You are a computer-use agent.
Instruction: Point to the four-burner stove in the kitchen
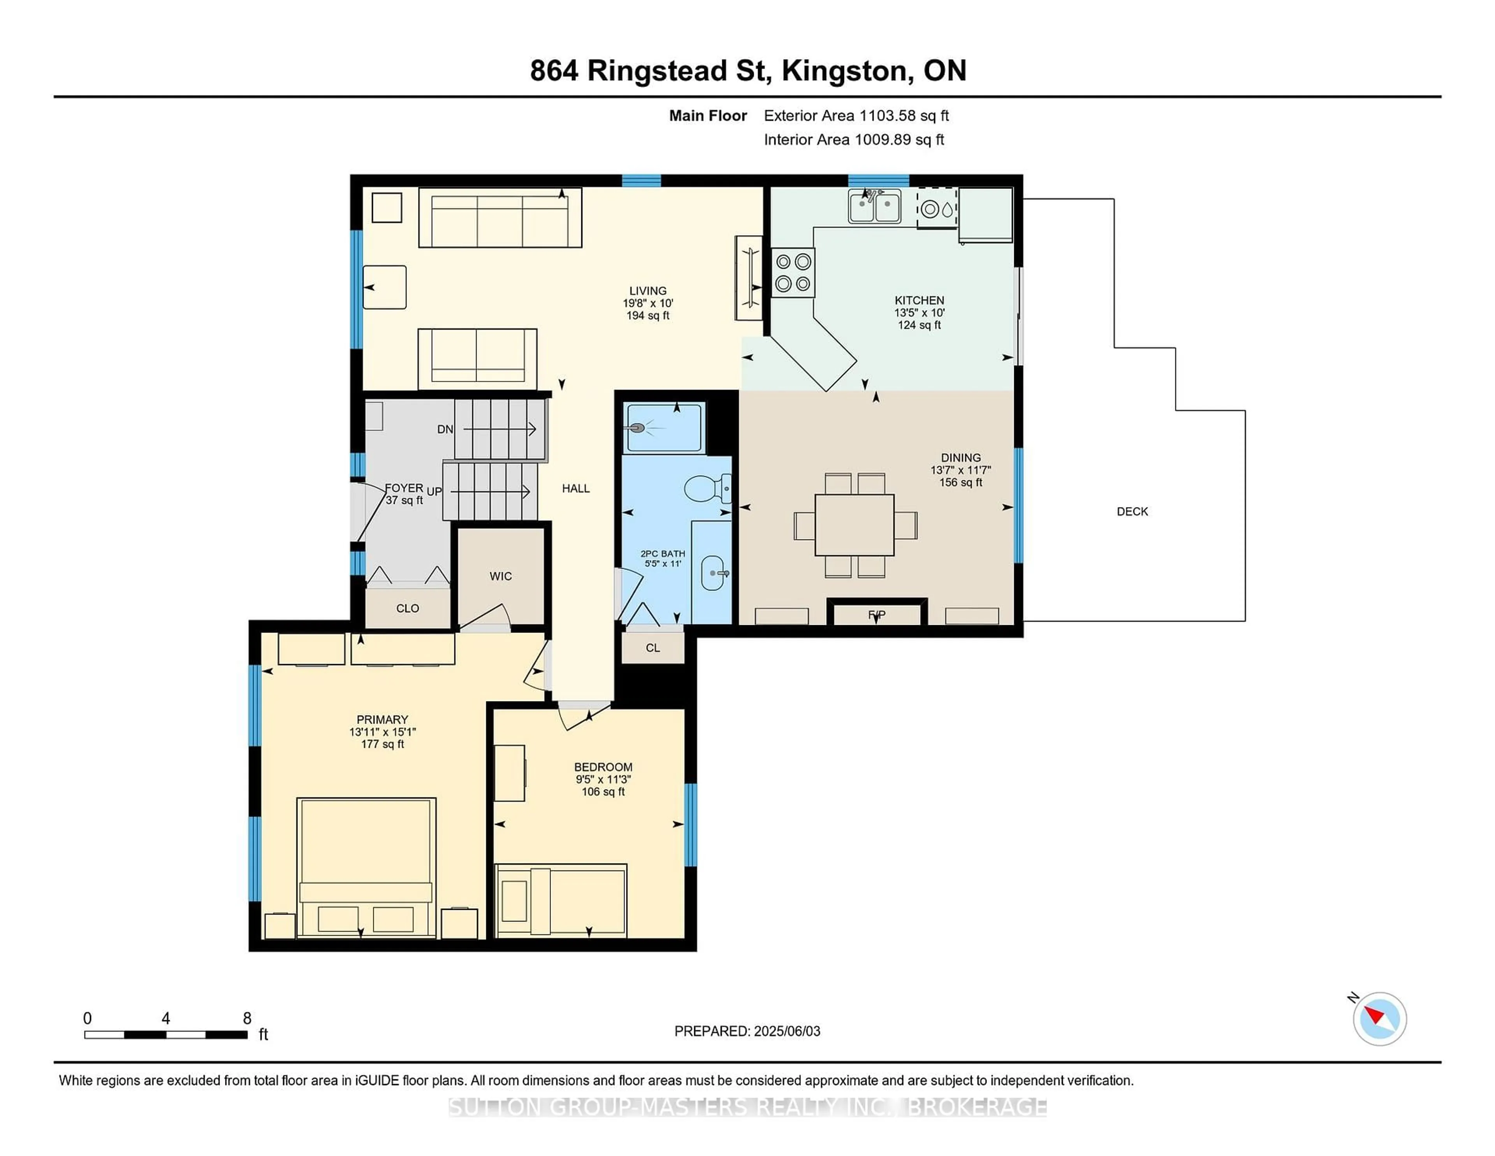(793, 273)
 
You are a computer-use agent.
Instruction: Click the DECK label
(1132, 511)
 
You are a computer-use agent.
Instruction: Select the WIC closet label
(500, 576)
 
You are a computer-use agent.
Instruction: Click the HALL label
(576, 488)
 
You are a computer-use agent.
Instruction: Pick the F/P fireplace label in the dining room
(877, 614)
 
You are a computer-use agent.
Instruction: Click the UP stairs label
(434, 492)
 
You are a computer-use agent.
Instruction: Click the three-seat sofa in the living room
(500, 218)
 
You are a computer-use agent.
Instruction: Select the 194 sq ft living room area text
(647, 316)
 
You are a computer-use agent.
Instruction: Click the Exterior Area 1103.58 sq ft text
(857, 116)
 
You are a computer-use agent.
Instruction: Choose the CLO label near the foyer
(407, 608)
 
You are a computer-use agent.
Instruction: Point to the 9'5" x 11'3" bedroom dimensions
(603, 779)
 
